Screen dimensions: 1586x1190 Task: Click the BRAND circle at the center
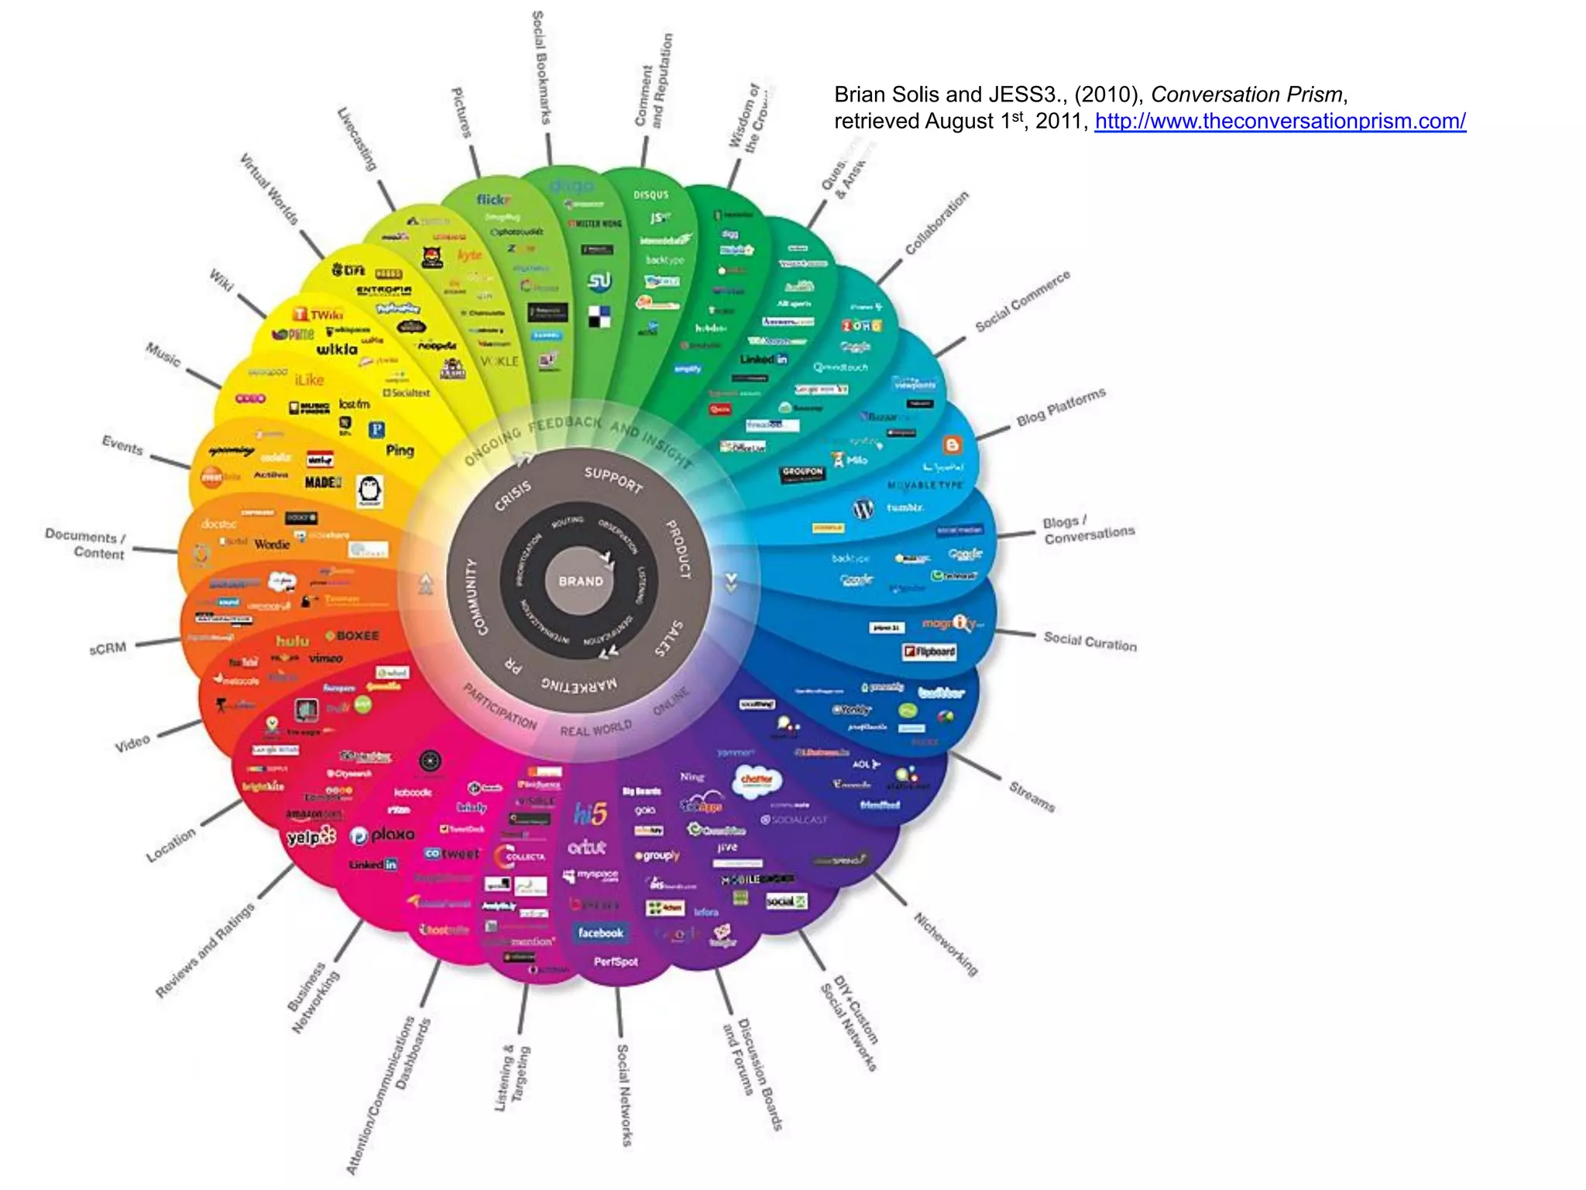580,580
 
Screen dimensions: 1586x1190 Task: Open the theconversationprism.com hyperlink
1279,122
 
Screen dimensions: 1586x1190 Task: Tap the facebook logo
600,933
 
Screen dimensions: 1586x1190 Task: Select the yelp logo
311,837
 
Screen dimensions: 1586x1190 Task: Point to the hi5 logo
590,813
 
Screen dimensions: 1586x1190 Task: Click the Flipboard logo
929,652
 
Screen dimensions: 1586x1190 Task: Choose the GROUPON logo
802,473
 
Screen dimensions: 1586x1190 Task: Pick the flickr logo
493,200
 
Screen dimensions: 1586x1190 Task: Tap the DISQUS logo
651,194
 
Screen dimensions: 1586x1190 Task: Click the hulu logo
293,641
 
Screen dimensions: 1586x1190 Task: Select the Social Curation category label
1090,641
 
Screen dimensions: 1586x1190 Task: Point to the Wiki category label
221,280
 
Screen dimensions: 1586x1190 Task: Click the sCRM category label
108,648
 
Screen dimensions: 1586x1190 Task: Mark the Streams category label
1032,796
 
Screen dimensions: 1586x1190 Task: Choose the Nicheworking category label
946,944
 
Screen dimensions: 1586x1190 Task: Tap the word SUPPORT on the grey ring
613,480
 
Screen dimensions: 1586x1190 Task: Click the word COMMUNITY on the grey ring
475,597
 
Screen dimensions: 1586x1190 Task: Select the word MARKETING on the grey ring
579,684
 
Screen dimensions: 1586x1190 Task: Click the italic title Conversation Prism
1246,95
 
